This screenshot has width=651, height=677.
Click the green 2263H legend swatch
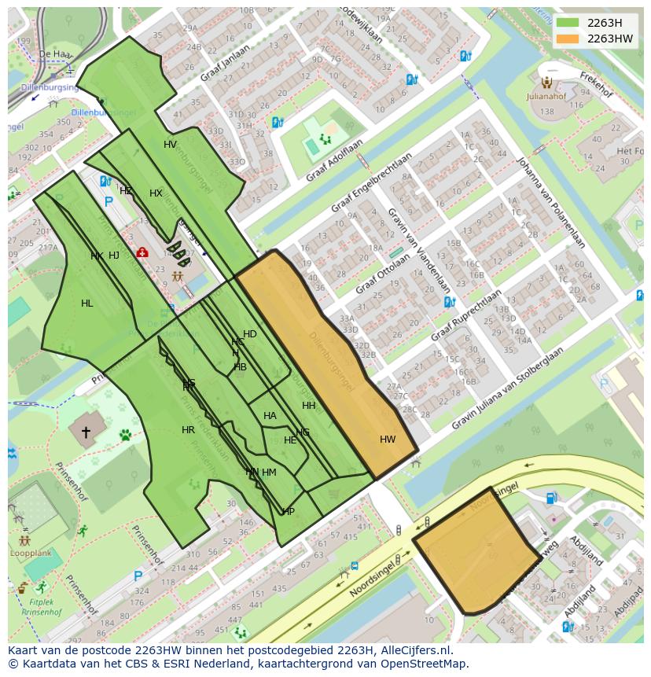[x=566, y=23]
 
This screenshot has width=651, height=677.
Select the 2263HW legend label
[x=609, y=39]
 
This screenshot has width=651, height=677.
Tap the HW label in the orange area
[x=388, y=440]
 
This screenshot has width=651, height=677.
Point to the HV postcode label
[x=170, y=145]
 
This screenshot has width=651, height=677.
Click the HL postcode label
[x=86, y=304]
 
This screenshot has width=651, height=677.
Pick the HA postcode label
[x=270, y=416]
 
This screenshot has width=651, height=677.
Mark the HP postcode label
[x=289, y=512]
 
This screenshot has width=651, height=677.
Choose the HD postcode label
[x=249, y=334]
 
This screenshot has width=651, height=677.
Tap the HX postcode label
[x=156, y=193]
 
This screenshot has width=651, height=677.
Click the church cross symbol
[x=86, y=432]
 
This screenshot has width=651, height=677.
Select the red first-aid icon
[x=142, y=252]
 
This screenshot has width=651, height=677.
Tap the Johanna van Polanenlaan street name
[x=550, y=202]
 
